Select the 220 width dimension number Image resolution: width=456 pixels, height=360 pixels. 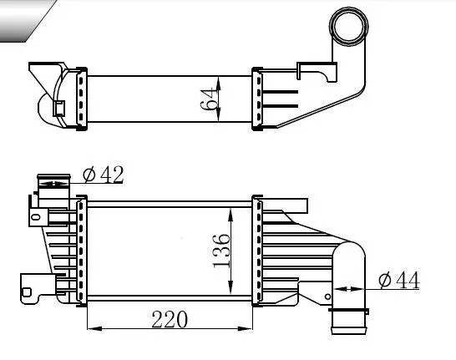[x=170, y=318]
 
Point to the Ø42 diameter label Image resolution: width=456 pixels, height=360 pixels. [x=104, y=174]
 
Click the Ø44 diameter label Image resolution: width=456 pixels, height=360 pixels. [x=398, y=280]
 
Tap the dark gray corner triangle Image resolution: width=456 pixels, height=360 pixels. [x=17, y=18]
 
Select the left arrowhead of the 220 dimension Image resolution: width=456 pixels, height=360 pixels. [x=90, y=326]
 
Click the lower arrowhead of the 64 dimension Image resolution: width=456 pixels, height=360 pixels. [x=219, y=119]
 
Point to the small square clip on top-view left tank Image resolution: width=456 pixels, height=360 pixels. [x=59, y=108]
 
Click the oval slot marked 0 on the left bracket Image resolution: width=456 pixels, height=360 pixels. [x=35, y=216]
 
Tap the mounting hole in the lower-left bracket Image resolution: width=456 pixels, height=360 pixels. [x=28, y=292]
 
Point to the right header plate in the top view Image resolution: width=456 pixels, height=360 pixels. [x=257, y=100]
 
